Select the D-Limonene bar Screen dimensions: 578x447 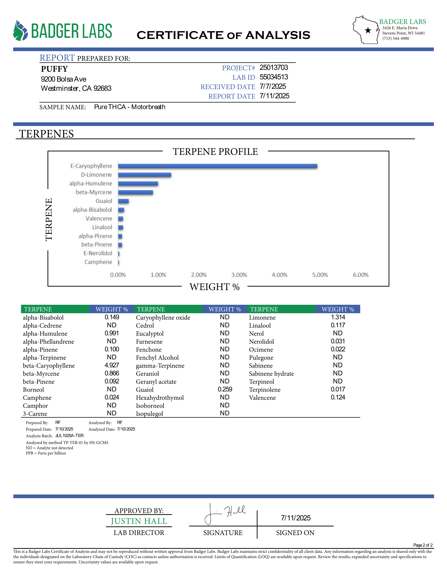(145, 175)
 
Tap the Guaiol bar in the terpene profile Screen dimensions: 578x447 (123, 201)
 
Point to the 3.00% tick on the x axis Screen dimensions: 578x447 (239, 275)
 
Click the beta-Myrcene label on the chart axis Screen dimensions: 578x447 (94, 192)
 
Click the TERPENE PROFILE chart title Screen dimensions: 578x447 (215, 152)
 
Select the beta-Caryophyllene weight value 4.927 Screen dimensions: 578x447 (112, 365)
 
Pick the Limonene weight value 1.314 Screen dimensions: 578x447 (338, 317)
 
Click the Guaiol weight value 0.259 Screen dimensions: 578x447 (225, 389)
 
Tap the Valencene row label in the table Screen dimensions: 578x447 (262, 398)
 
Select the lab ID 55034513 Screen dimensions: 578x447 (274, 77)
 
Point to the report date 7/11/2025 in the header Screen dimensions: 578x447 (274, 96)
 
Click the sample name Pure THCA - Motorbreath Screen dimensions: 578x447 (130, 107)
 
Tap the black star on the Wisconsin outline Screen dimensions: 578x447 (368, 30)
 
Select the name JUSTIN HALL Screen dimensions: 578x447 (139, 521)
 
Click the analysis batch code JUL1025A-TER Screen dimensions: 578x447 (69, 436)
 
